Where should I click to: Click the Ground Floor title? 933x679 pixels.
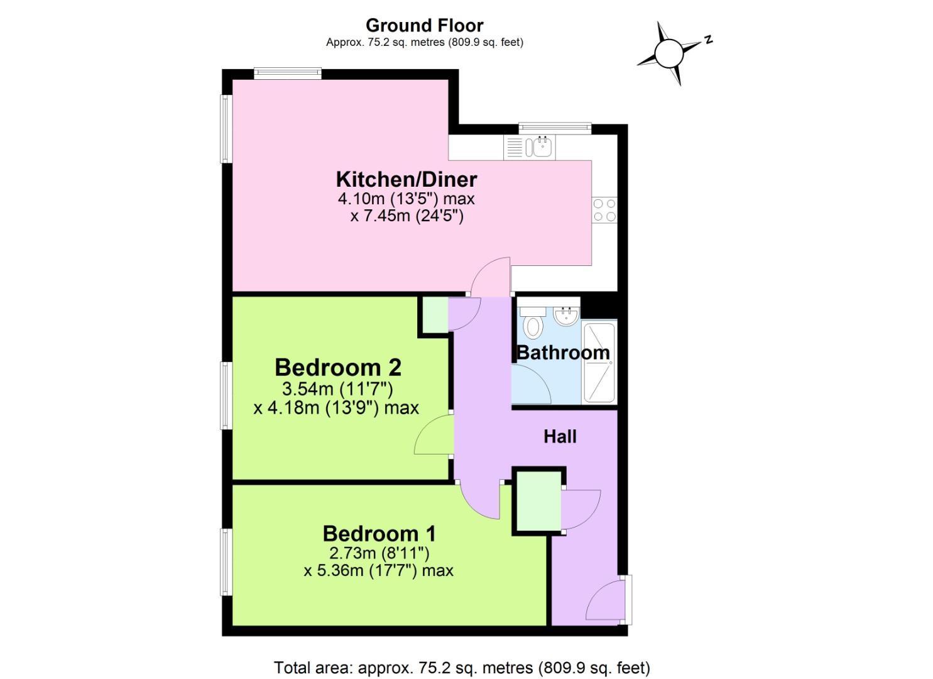pos(424,26)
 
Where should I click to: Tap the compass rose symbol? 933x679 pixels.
pos(668,53)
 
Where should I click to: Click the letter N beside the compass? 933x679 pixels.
pos(708,40)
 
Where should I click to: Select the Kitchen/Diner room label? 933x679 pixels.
pos(406,179)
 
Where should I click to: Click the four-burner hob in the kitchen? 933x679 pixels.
pos(604,210)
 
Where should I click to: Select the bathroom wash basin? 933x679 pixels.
pos(567,315)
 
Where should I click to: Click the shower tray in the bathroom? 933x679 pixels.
pos(599,362)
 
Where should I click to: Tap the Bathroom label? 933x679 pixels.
pos(563,353)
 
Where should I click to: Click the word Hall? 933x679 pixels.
pos(560,436)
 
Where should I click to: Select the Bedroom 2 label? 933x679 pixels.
pos(338,367)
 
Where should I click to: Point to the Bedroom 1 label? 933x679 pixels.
pos(379,533)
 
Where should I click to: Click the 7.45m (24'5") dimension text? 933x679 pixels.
pos(406,216)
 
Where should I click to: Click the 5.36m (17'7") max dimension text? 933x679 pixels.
pos(378,571)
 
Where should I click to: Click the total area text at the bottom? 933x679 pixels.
pos(462,667)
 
